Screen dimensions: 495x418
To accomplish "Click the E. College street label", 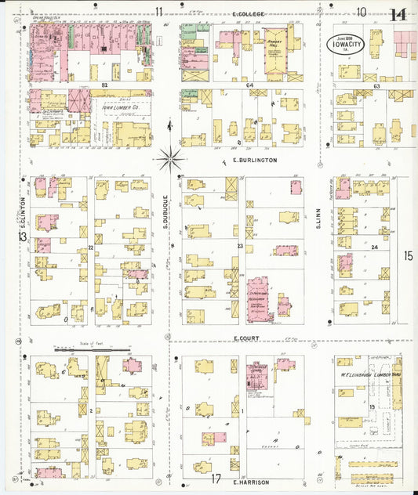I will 249,14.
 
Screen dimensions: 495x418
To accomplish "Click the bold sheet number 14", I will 398,15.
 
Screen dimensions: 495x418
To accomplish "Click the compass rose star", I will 169,158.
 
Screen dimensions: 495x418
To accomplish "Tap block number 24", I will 374,247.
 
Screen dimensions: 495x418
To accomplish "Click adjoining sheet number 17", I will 216,479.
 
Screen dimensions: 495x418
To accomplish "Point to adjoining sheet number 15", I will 408,255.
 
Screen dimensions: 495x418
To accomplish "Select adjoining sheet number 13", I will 24,237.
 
